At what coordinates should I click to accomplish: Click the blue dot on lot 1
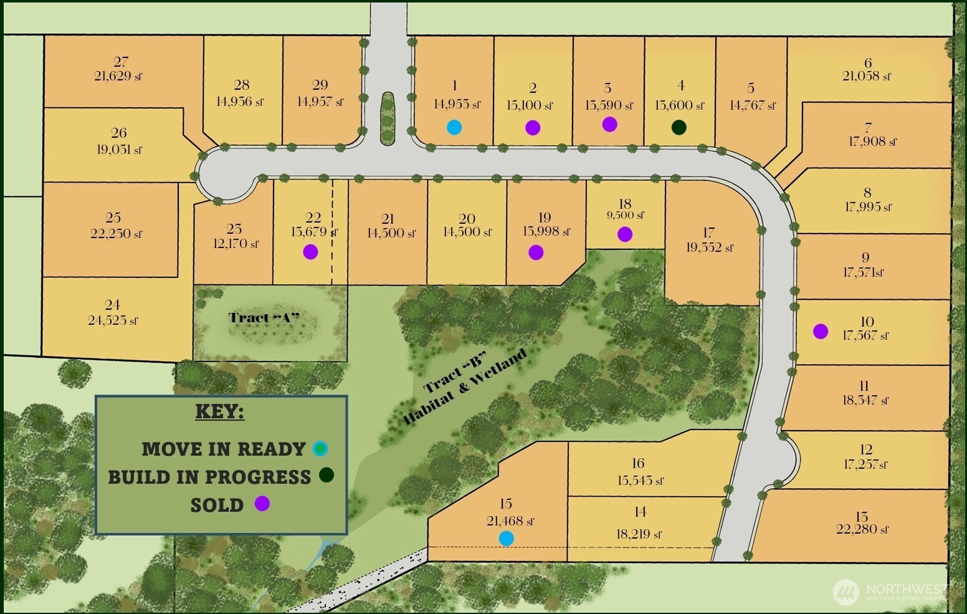[x=454, y=127]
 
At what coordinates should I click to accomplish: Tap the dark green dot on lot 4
[x=679, y=127]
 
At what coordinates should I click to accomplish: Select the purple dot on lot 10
[x=821, y=332]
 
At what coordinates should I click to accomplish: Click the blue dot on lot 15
[x=507, y=538]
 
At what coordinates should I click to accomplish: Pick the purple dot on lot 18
[x=625, y=234]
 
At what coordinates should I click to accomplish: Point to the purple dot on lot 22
[x=310, y=252]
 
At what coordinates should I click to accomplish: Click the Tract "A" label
[x=264, y=318]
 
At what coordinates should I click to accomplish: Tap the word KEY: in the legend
[x=220, y=411]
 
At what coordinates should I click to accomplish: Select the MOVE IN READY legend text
[x=223, y=449]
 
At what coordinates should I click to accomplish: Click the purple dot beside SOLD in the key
[x=262, y=504]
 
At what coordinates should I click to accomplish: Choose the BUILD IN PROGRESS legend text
[x=209, y=477]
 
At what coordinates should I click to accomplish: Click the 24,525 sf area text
[x=113, y=320]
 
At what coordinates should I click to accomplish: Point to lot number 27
[x=121, y=62]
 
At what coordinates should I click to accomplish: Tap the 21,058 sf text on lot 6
[x=867, y=77]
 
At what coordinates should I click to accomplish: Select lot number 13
[x=862, y=516]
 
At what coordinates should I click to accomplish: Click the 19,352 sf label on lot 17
[x=710, y=247]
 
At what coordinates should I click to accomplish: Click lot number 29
[x=320, y=85]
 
